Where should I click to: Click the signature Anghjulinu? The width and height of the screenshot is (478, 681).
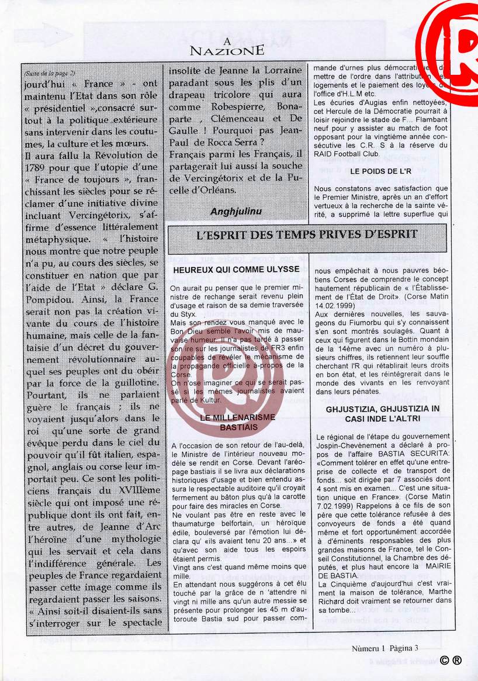click(x=236, y=210)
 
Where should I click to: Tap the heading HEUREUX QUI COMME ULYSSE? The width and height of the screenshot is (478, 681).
click(x=236, y=269)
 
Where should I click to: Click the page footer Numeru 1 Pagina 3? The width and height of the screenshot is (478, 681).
click(x=385, y=648)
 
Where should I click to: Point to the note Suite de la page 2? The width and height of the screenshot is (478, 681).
click(x=50, y=73)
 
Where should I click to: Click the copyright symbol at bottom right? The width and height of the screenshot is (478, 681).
click(x=444, y=659)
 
